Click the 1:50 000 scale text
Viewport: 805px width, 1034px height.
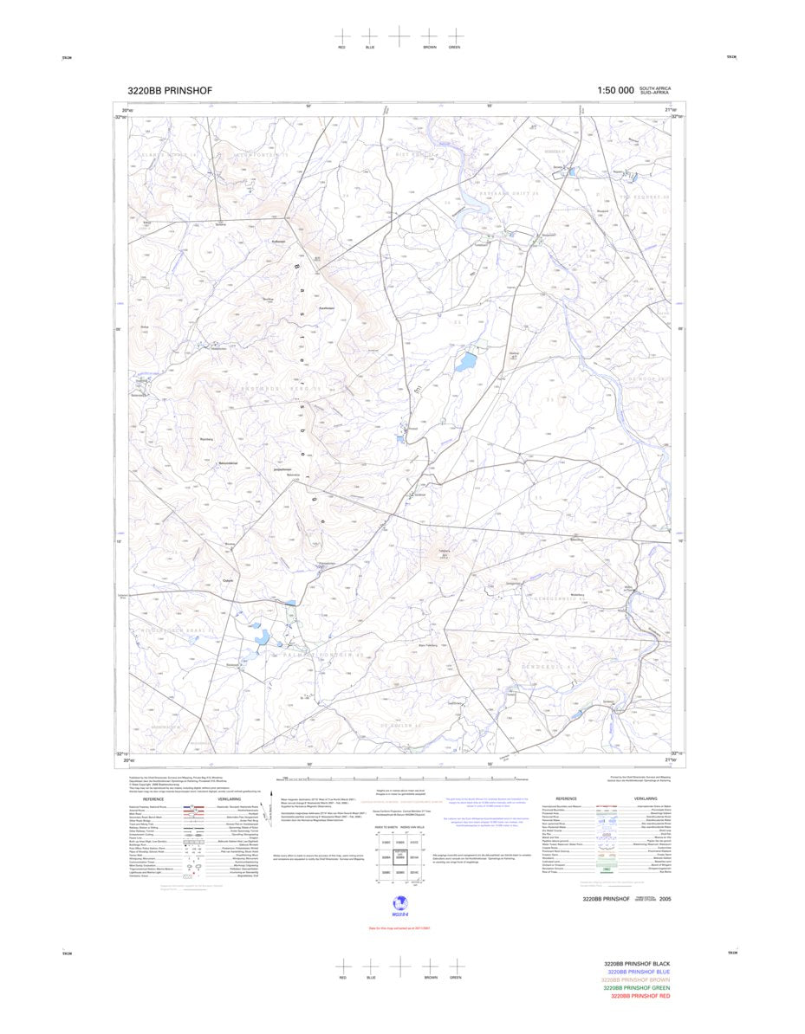point(615,91)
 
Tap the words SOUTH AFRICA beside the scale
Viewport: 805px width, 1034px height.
point(655,88)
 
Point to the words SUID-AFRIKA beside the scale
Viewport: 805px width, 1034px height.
point(655,93)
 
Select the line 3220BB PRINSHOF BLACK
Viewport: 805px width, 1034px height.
point(637,964)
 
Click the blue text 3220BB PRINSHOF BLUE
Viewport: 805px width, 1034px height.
point(639,972)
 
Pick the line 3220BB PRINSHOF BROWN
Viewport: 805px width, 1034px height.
point(636,980)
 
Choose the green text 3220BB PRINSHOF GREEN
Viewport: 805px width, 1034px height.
point(636,988)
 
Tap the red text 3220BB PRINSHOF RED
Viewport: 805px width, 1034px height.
point(640,996)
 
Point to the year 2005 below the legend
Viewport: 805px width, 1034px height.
point(665,900)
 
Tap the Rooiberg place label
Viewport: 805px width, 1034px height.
point(206,440)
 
